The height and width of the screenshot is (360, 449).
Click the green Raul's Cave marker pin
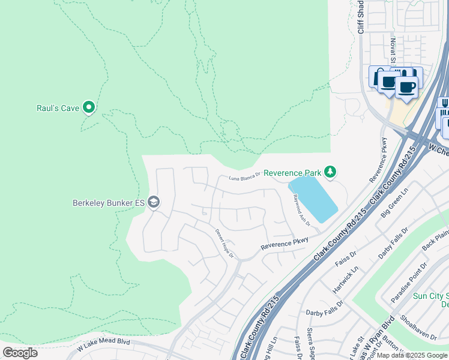[89, 107]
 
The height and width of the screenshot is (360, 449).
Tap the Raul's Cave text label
[58, 109]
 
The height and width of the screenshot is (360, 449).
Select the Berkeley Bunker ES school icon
[154, 202]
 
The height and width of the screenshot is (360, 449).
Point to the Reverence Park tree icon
[330, 172]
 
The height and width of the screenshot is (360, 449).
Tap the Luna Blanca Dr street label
[244, 176]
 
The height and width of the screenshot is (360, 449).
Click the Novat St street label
[393, 50]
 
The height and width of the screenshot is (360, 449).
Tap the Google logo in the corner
[20, 353]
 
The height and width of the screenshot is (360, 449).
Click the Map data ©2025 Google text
[412, 355]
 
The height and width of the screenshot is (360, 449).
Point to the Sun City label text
[429, 296]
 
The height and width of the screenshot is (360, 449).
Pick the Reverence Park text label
[292, 173]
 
